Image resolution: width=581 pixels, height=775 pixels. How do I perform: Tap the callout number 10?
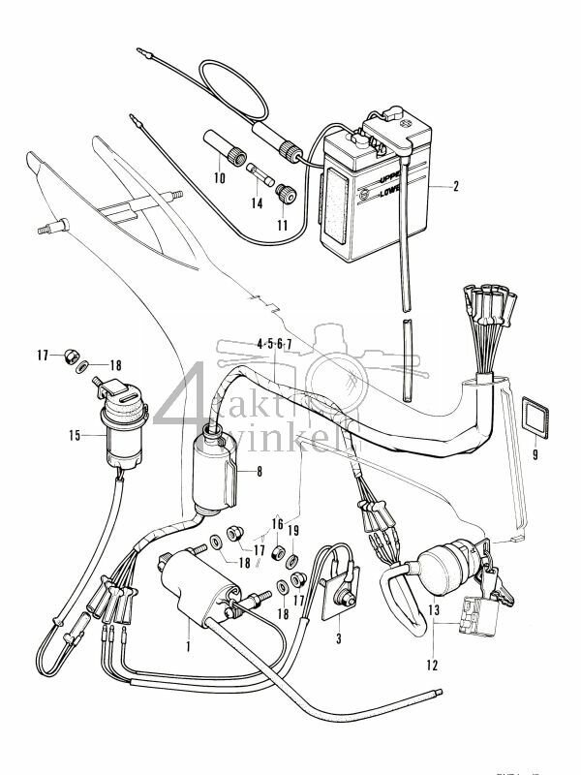point(219,178)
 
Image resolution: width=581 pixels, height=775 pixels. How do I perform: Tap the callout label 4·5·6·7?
point(274,344)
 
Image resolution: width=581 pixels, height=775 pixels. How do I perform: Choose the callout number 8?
point(259,472)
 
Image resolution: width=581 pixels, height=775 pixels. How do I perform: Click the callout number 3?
point(337,638)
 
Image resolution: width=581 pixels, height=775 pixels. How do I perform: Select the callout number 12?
point(430,665)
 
